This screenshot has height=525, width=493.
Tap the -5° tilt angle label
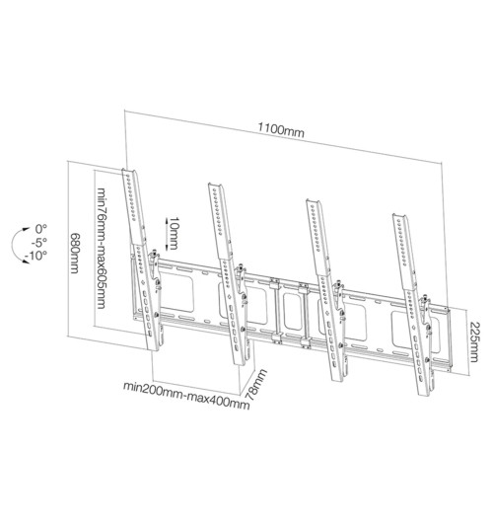[38, 242]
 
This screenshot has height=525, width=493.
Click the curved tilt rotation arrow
[17, 242]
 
